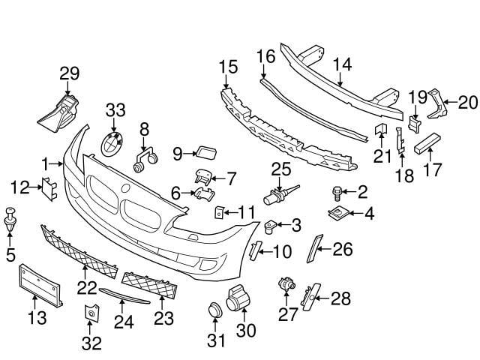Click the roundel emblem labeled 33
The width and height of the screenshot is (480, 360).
pos(112,143)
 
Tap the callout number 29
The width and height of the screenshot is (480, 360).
pos(70,73)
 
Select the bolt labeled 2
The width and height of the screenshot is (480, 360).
pos(336,193)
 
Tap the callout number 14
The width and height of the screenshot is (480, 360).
pos(342,64)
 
